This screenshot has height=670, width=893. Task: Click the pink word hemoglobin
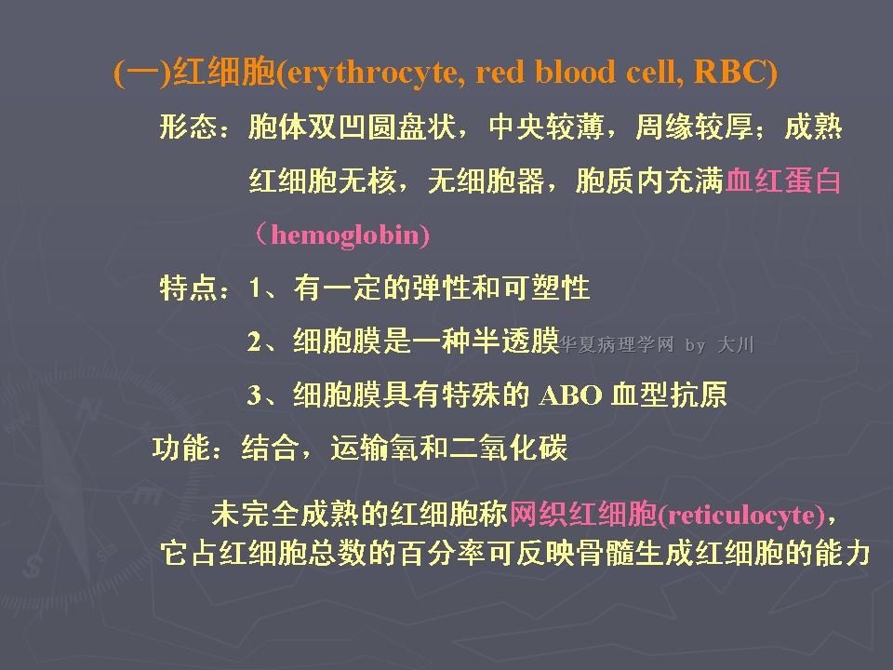[x=344, y=235]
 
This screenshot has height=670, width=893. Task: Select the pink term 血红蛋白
[x=783, y=181]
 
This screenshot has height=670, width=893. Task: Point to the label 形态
[x=189, y=127]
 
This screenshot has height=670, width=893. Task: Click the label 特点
[x=189, y=288]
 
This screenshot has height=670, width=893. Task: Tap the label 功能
[x=181, y=448]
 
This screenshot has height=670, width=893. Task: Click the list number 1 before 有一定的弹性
[x=255, y=288]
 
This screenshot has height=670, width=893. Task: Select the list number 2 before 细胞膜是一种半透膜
[x=255, y=342]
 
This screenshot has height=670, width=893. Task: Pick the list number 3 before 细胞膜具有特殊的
[x=255, y=395]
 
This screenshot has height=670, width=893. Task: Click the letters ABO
[x=570, y=395]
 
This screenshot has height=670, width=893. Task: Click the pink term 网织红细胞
[x=583, y=514]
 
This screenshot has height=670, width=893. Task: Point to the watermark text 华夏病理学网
[x=617, y=344]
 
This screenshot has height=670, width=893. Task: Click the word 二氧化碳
[x=509, y=448]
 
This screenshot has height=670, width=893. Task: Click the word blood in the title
[x=575, y=72]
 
